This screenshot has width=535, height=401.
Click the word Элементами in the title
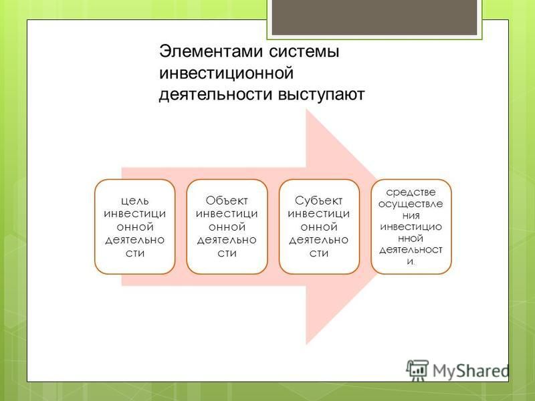(211, 52)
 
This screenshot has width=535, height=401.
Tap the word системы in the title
(304, 52)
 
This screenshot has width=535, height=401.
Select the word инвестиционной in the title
(226, 74)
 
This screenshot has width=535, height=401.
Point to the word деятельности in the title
(215, 94)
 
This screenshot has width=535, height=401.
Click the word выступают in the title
(322, 94)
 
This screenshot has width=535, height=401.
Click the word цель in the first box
(135, 201)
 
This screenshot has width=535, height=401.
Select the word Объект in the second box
(227, 200)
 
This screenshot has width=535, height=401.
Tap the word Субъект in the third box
(319, 200)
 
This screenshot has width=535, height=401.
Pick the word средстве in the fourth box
(411, 192)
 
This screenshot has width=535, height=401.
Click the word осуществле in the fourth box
(411, 205)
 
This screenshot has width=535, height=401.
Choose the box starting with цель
(135, 227)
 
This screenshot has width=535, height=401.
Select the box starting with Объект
(227, 227)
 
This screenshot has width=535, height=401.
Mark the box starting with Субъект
(319, 227)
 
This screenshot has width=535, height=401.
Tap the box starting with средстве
(411, 227)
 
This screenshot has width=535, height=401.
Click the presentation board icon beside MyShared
(417, 370)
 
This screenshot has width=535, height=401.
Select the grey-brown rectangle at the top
(374, 17)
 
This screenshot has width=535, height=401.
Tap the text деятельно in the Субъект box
(319, 240)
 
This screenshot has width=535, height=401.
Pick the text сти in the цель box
(135, 254)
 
